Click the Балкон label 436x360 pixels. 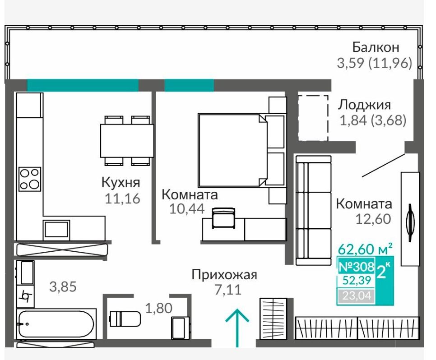(376, 47)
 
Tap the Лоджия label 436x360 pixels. (365, 105)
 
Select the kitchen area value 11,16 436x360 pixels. (122, 198)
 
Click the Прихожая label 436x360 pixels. (224, 275)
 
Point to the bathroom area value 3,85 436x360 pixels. (63, 286)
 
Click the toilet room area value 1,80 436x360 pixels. (159, 308)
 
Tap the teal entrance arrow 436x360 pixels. (237, 328)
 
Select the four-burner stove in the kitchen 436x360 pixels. (30, 179)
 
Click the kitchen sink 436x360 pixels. (56, 230)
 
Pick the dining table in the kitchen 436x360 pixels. (127, 141)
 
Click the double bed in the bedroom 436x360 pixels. (241, 150)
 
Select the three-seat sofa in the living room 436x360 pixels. (314, 210)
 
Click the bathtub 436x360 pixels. (56, 324)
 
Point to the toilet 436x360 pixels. (125, 318)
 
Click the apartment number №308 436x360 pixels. (357, 267)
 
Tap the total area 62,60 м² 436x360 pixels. (366, 249)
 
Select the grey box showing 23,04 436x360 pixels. (357, 295)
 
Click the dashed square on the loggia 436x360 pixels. (313, 118)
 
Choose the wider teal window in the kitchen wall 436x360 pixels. (83, 85)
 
